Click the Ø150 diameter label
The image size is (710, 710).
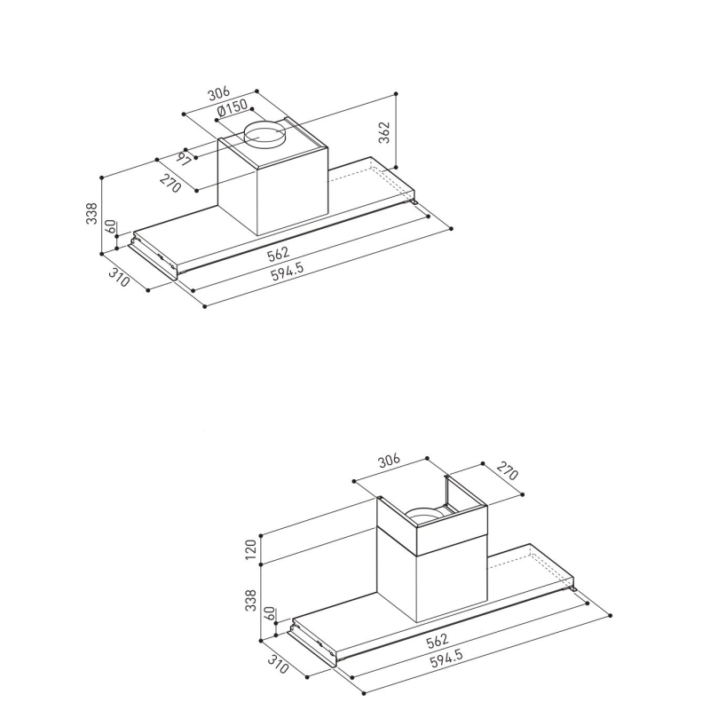coord(233,108)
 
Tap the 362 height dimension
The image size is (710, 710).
coord(384,132)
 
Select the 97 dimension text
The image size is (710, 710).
coord(183,159)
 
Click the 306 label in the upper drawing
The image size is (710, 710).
coord(218,94)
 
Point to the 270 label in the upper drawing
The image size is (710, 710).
coord(170,183)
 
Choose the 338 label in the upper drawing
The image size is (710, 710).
coord(91,213)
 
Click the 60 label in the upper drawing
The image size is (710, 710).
coord(111,226)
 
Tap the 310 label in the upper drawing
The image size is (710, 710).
coord(119,277)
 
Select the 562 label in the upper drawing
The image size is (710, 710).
coord(278,254)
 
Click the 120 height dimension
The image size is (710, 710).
coord(250,548)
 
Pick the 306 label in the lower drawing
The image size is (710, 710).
coord(389,461)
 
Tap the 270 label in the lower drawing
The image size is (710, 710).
coord(507,471)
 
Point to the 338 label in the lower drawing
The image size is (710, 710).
coord(250,600)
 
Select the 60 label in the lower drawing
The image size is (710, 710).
coord(270,613)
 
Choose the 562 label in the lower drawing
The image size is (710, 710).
coord(438,640)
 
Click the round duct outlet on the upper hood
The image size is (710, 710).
coord(264,135)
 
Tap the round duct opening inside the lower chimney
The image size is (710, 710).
coord(423,514)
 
